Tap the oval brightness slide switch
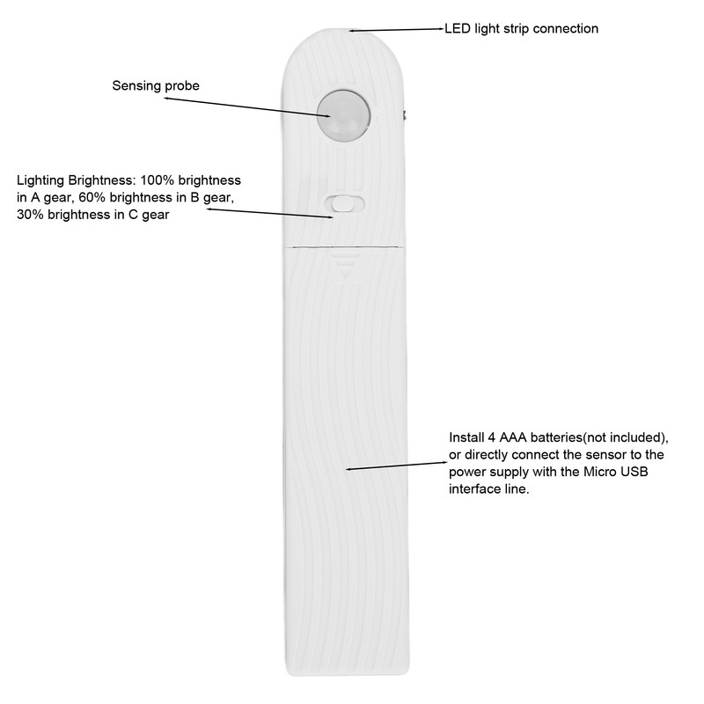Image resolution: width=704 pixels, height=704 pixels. tap(345, 204)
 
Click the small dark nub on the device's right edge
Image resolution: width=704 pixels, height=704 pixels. tap(405, 115)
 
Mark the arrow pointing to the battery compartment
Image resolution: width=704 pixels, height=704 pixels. tap(396, 463)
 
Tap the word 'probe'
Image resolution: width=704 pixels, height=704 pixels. tap(182, 86)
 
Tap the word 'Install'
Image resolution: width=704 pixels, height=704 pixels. tap(466, 437)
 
